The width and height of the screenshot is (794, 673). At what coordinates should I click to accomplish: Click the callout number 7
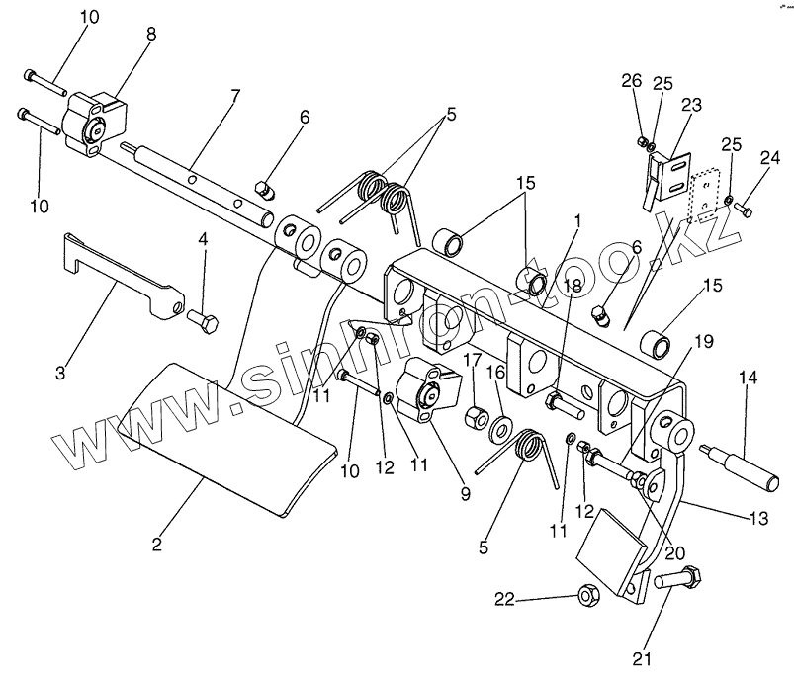click(x=235, y=97)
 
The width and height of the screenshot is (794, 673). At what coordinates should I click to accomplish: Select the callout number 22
click(x=505, y=599)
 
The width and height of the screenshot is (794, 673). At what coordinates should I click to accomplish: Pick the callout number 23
click(x=691, y=104)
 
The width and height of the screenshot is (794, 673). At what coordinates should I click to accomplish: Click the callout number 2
click(x=157, y=544)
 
